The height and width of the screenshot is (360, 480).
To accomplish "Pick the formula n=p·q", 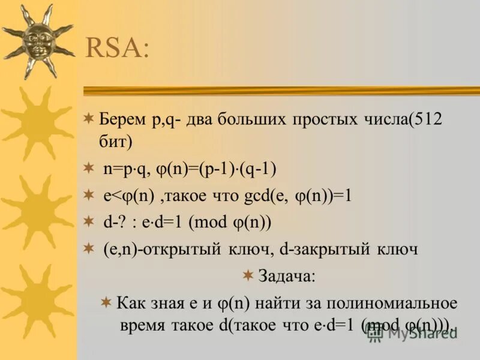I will tap(125, 169).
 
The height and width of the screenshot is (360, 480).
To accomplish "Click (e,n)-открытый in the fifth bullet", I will tap(157, 249).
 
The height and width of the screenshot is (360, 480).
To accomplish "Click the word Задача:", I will tap(286, 277).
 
